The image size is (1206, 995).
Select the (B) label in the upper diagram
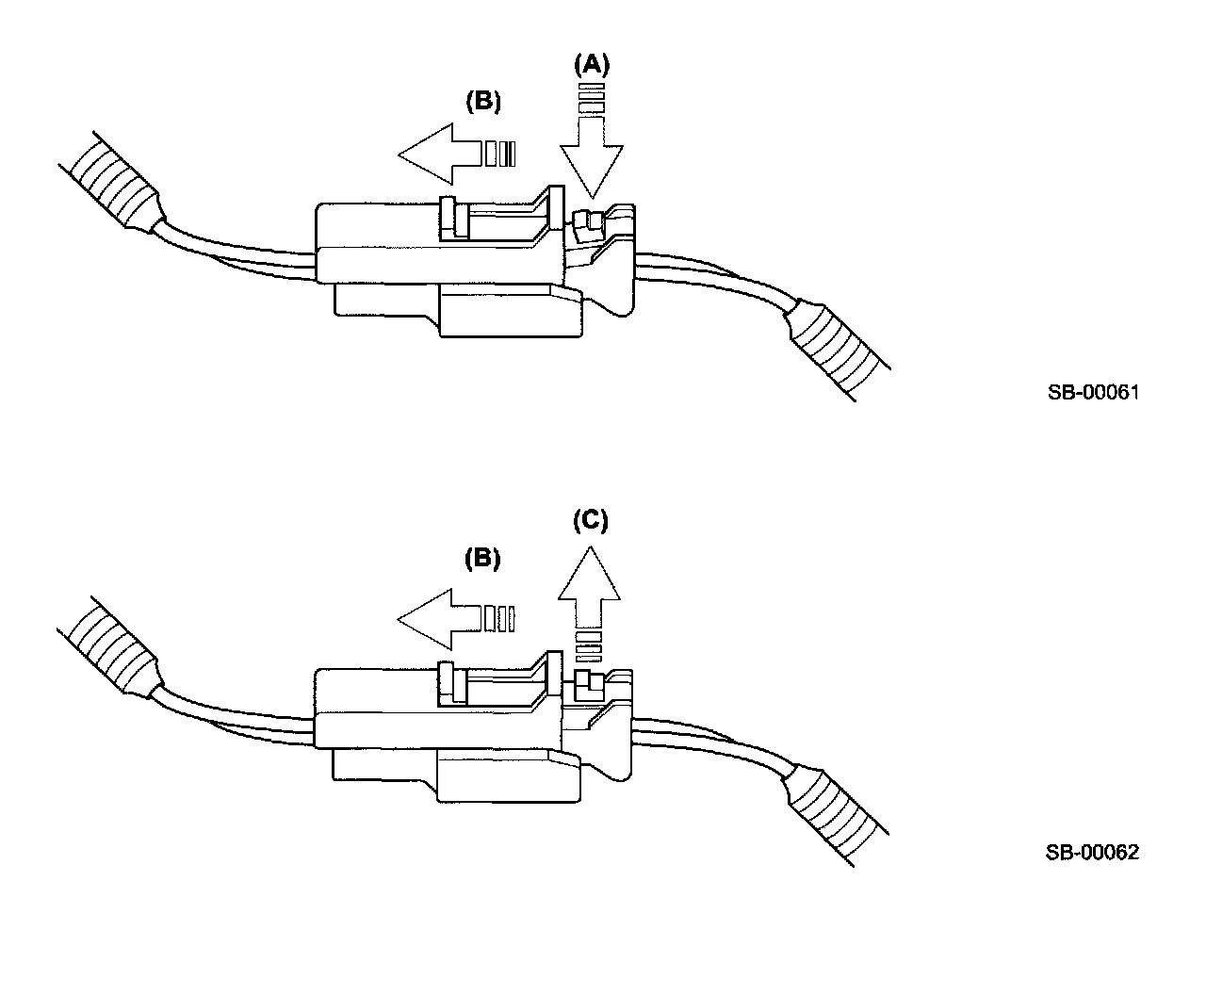pos(482,102)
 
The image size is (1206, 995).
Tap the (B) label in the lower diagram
pos(482,558)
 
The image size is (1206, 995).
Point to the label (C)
pos(591,520)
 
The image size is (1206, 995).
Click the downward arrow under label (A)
pos(592,151)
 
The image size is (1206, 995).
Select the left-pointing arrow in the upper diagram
pos(443,154)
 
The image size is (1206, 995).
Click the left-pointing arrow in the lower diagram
pos(443,619)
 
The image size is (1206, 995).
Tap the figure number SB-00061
pos(1093,393)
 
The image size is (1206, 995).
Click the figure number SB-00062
pos(1092,853)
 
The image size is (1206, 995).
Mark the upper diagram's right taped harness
pos(839,349)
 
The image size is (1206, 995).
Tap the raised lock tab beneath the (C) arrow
pos(586,682)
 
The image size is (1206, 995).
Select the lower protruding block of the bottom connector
pos(509,775)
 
